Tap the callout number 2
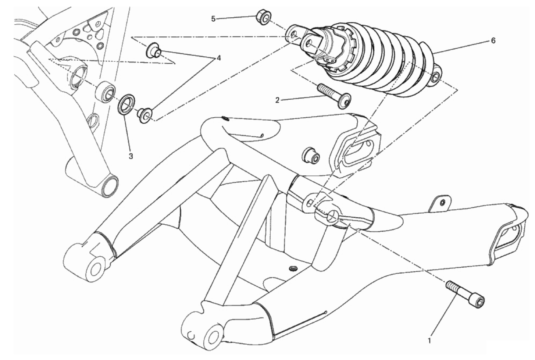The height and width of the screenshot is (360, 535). pyautogui.click(x=277, y=100)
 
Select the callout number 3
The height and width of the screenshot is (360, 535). pyautogui.click(x=131, y=156)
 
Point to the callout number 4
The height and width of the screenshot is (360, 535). pyautogui.click(x=218, y=58)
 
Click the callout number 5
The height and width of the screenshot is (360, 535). pyautogui.click(x=213, y=19)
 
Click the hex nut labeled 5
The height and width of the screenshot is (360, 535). pyautogui.click(x=264, y=18)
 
